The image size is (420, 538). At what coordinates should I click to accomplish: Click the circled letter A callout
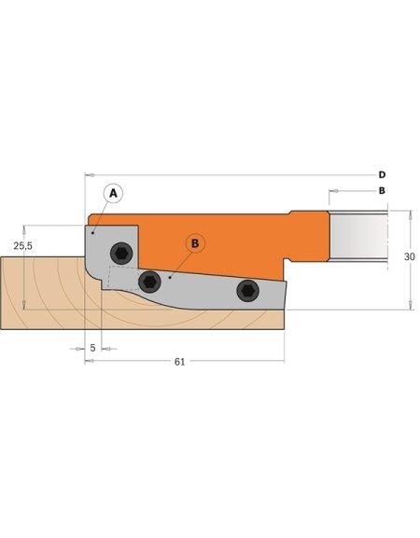tap(112, 192)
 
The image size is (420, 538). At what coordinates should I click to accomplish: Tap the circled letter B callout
tap(195, 243)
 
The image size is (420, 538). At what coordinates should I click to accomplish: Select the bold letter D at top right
tap(382, 174)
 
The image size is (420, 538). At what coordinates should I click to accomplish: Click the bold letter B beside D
tap(382, 191)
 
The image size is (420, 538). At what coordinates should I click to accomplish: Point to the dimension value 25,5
tap(23, 245)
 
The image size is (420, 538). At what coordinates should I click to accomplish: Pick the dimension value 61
tap(179, 361)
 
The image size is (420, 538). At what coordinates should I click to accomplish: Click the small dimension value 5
tap(93, 348)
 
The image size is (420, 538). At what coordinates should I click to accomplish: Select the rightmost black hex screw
tap(246, 291)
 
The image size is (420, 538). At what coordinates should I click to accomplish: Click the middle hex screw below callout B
tap(147, 281)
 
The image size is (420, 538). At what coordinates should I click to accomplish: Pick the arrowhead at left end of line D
tap(87, 174)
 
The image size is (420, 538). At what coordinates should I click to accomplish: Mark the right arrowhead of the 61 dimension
tap(283, 361)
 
